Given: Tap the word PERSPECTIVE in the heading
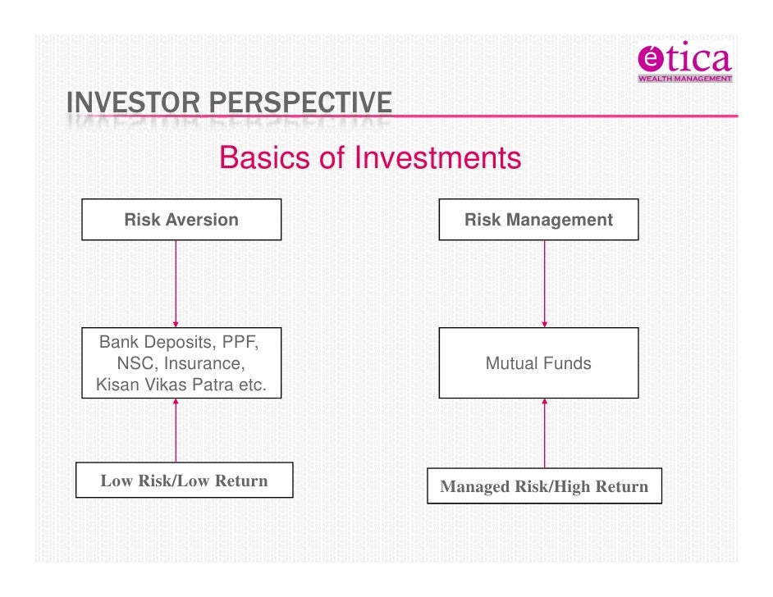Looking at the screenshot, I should point(300,104).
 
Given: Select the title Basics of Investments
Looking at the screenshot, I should point(370,157).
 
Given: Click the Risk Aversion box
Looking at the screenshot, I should point(181,220).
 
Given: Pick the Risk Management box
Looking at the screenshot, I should point(538,220).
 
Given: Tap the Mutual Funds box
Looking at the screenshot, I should point(538,362).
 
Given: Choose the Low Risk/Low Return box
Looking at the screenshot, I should point(184,481).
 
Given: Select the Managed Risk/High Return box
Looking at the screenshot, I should point(544,487).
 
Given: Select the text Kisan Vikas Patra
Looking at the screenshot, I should point(159,384).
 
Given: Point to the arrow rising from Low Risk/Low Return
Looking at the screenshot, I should point(176,431).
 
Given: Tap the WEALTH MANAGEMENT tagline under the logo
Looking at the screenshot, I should point(684,79).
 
